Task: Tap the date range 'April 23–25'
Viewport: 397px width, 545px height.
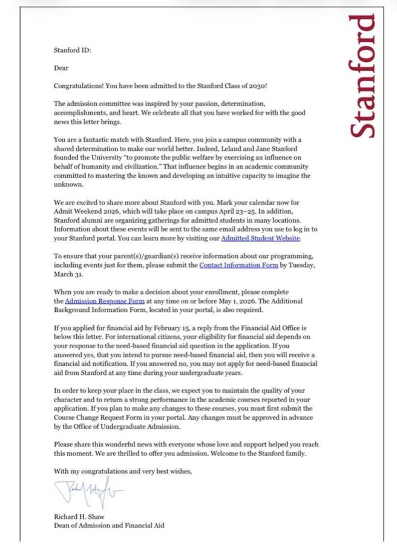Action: click(244, 211)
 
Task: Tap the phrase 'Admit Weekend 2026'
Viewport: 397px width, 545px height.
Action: click(85, 211)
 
